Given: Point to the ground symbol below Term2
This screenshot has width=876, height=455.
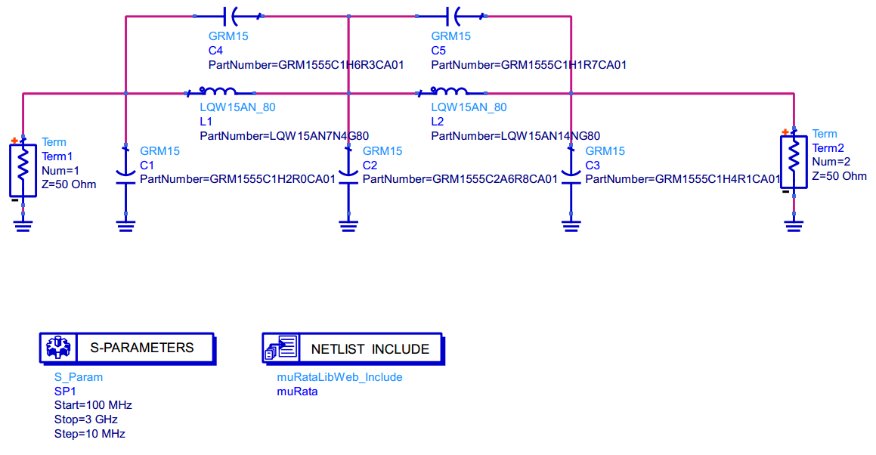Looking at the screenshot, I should (794, 224).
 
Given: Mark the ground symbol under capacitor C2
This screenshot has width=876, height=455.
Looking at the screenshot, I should (348, 224).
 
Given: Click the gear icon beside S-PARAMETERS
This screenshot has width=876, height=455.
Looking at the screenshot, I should (57, 348).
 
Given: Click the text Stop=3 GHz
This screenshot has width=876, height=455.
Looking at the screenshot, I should (86, 419).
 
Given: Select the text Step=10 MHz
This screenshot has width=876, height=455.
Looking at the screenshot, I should (89, 434).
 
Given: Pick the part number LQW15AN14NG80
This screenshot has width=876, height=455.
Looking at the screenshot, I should (515, 136).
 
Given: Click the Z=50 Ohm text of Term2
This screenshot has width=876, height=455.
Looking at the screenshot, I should (840, 176).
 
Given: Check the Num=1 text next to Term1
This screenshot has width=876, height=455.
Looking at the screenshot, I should (60, 170).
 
